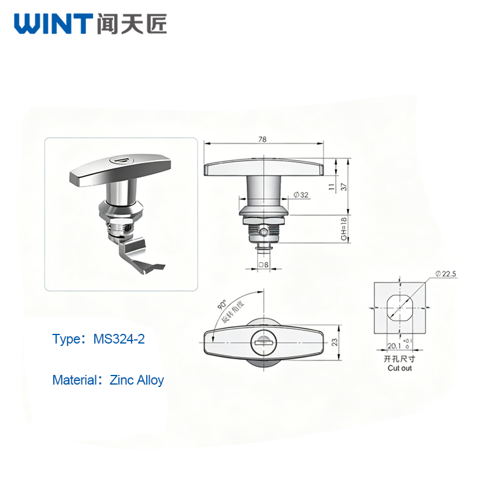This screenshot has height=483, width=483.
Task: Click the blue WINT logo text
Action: [53, 24]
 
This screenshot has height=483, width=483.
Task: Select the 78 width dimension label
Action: [263, 139]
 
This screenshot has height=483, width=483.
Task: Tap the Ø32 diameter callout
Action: [301, 194]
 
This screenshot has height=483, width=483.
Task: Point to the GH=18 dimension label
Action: [344, 229]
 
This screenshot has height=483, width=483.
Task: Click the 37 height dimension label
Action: [344, 187]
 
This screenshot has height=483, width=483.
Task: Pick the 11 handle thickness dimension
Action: [331, 187]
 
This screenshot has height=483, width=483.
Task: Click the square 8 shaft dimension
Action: [264, 264]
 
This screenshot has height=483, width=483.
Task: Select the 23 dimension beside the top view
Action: [334, 342]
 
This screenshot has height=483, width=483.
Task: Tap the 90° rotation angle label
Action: [222, 304]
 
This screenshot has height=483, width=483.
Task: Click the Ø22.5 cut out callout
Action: [446, 274]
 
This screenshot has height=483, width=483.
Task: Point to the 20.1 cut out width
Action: [394, 346]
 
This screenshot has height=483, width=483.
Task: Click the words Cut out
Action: [400, 368]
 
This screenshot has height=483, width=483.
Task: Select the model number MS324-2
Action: [119, 339]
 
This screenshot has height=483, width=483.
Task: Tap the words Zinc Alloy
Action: [137, 380]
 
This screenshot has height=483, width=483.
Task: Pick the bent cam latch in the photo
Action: [139, 255]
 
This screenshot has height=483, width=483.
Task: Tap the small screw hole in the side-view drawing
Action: [264, 232]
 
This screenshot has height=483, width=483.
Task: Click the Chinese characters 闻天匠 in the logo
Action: [132, 24]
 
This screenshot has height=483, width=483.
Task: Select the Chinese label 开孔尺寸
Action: [400, 359]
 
